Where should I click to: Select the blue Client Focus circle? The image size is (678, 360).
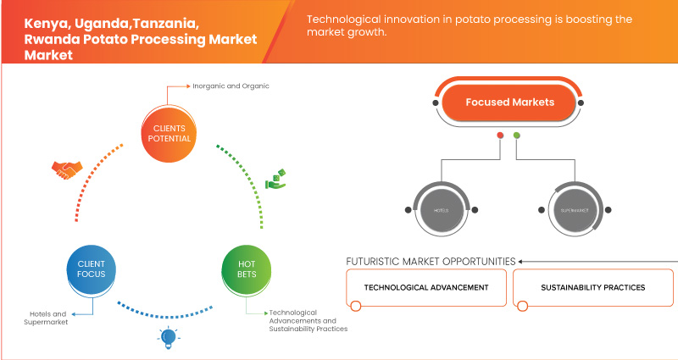point(90,269)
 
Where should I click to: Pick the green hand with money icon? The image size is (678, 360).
point(276,179)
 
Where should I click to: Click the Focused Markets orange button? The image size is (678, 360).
point(508,102)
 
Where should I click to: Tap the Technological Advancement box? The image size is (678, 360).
point(426,287)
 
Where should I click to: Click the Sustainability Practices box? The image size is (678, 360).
point(592,287)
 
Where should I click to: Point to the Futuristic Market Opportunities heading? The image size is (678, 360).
point(431,262)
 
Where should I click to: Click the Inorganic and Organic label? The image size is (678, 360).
point(225,86)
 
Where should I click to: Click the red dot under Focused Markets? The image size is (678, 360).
point(501,135)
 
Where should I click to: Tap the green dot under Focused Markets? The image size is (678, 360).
point(517,135)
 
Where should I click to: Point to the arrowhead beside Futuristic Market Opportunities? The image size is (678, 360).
point(521,262)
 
